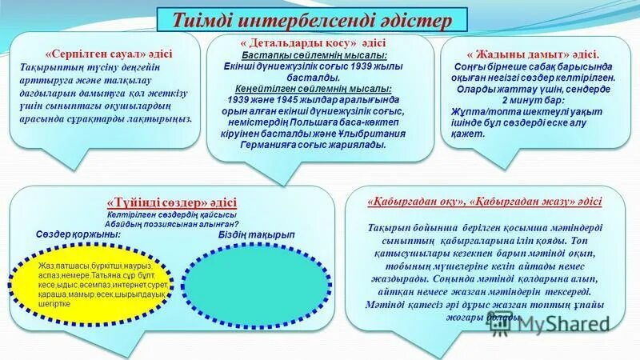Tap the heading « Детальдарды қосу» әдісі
click(x=314, y=42)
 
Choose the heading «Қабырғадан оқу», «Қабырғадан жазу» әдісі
click(x=485, y=202)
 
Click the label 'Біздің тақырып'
click(x=256, y=234)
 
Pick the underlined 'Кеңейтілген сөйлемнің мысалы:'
click(x=314, y=89)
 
